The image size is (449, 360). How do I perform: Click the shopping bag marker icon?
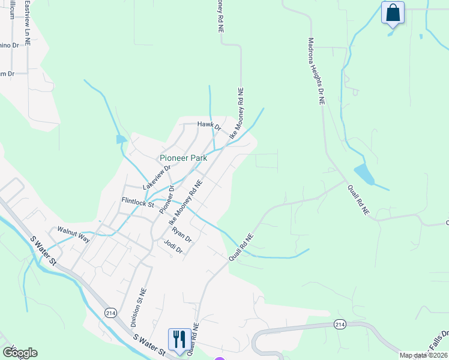tap(393, 13)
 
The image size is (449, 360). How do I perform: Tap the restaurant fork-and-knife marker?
tap(179, 340)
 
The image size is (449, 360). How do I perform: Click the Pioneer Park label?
tap(183, 158)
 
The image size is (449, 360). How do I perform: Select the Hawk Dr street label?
tap(209, 126)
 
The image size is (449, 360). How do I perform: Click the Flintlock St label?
tap(138, 203)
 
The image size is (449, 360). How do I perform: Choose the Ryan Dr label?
tap(181, 234)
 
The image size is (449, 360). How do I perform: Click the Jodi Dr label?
tap(173, 247)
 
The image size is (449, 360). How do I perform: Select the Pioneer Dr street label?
tap(166, 200)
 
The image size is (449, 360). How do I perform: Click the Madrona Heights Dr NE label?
tap(316, 72)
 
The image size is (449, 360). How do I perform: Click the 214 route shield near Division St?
tap(110, 313)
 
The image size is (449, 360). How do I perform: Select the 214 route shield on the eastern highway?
tap(340, 324)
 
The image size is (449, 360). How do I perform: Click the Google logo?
tap(20, 353)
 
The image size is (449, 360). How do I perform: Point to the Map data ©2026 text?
tap(423, 355)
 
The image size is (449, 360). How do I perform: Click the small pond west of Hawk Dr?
tap(121, 140)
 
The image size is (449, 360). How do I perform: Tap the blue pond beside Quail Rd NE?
tap(364, 175)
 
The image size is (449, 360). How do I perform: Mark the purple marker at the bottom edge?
tap(220, 358)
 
